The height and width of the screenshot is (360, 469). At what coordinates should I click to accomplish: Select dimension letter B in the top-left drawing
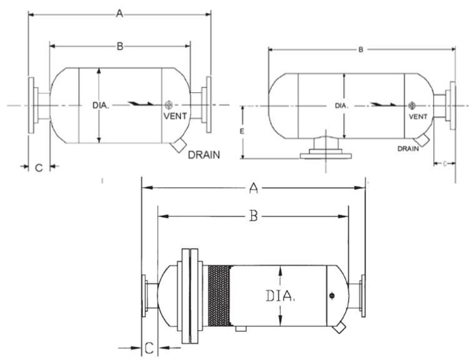pyautogui.click(x=119, y=46)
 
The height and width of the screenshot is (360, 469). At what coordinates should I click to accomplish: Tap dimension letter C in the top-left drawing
pyautogui.click(x=38, y=167)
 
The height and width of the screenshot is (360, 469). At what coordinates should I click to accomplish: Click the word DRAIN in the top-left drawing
pyautogui.click(x=204, y=154)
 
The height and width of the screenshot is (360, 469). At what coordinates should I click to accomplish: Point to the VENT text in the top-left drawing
pyautogui.click(x=174, y=115)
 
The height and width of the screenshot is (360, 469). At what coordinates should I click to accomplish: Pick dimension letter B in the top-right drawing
pyautogui.click(x=361, y=50)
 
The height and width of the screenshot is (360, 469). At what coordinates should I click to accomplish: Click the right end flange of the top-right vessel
pyautogui.click(x=450, y=105)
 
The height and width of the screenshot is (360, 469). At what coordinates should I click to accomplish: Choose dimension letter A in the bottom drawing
pyautogui.click(x=254, y=187)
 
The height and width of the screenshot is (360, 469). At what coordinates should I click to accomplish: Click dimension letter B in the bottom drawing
pyautogui.click(x=253, y=216)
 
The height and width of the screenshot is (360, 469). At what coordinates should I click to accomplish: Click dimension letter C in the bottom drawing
pyautogui.click(x=149, y=347)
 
